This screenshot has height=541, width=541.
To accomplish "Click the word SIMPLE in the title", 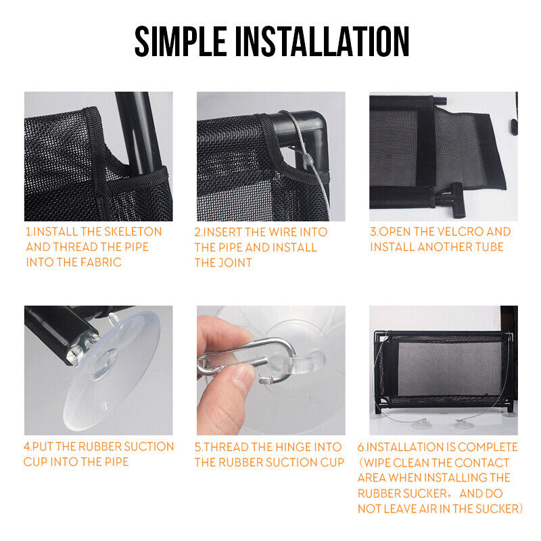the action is point(181,41).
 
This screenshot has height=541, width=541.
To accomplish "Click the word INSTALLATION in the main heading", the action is point(323,41).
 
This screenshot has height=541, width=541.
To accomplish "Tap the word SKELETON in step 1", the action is point(133,231).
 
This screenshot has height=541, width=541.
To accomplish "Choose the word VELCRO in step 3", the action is point(459,231).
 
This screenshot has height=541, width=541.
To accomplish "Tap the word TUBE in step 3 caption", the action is point(488,247).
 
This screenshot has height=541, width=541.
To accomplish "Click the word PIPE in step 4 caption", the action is point(114,462).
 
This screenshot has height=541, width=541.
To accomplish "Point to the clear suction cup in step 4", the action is point(110,371).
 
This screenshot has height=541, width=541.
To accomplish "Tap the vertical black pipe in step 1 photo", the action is point(138,133).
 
